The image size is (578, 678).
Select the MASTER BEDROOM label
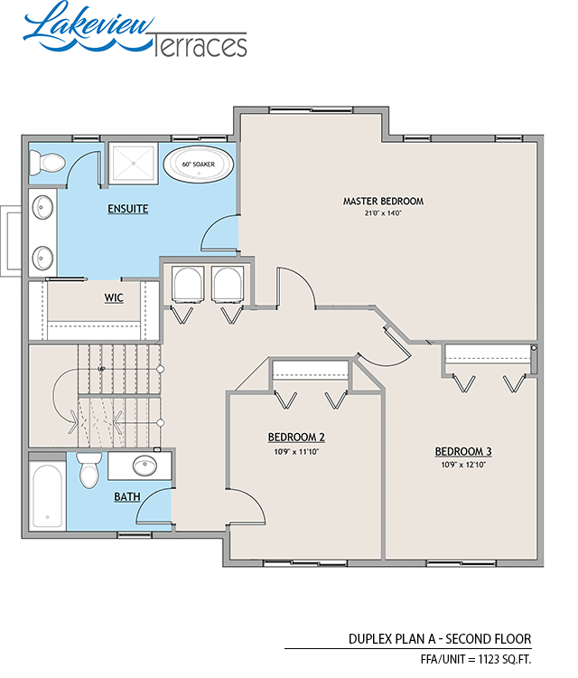[383, 201]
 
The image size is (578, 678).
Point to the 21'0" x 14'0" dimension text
[383, 213]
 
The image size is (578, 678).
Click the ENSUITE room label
[127, 209]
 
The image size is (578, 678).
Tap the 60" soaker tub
[198, 165]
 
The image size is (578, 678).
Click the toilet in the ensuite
[47, 163]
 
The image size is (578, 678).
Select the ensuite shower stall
[133, 164]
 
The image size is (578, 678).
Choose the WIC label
[114, 297]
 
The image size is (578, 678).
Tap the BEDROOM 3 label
[462, 451]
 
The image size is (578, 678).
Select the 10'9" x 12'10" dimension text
[462, 465]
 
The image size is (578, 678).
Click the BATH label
[126, 496]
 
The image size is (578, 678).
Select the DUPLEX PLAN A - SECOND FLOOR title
[440, 638]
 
